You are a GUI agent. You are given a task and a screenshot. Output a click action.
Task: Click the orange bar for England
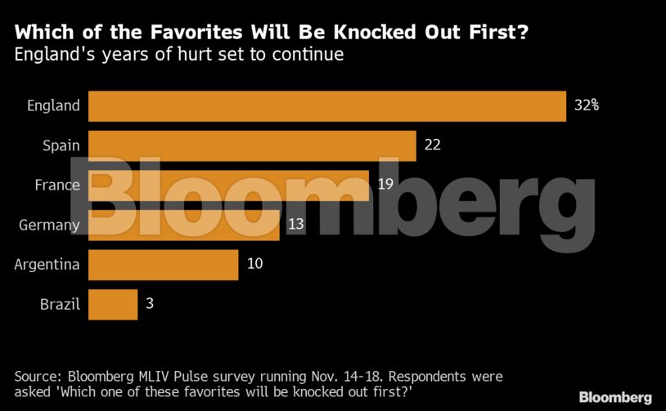coord(327,106)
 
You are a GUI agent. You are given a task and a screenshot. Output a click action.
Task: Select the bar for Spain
coord(252,145)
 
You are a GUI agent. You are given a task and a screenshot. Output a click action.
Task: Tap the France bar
coord(228,185)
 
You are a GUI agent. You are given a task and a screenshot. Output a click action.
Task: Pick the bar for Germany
coord(183,225)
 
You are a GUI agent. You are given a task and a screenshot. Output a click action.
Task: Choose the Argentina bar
coord(163,265)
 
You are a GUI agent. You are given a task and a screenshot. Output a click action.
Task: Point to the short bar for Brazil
coord(112,305)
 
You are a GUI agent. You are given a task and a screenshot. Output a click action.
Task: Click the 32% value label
coord(587,105)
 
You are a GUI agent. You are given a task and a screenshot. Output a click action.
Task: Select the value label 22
coord(433,145)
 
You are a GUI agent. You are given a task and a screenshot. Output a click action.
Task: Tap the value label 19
coord(385,185)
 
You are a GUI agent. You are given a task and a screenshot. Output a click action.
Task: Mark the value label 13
coord(295,225)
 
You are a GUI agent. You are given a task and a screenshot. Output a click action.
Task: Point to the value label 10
coord(255,264)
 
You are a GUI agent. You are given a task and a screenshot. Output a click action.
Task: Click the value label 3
coord(150,304)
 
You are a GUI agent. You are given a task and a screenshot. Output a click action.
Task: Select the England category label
coord(54,105)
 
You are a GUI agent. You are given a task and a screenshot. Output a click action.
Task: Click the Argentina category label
coord(47,265)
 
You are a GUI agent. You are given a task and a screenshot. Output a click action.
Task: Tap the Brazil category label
coord(60,305)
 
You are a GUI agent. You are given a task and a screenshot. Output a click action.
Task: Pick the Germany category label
coord(49,226)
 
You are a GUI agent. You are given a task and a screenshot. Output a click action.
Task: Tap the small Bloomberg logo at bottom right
coord(615,397)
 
